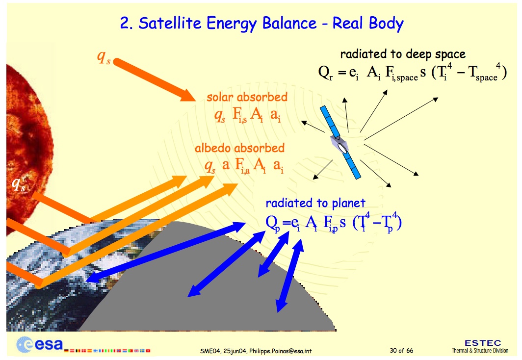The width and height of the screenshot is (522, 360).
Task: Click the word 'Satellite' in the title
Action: click(x=170, y=23)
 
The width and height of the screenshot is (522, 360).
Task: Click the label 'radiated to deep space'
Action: click(x=403, y=54)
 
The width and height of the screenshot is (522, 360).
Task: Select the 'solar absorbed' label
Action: click(x=247, y=97)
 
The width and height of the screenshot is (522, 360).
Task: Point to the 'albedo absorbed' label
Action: click(x=240, y=148)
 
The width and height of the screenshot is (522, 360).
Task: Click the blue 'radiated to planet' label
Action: click(x=315, y=203)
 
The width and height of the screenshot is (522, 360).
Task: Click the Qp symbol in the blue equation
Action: click(x=273, y=223)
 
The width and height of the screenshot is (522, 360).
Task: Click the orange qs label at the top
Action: click(x=104, y=57)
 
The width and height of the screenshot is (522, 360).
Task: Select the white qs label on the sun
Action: click(x=19, y=184)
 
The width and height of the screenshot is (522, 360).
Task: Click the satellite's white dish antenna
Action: click(x=342, y=148)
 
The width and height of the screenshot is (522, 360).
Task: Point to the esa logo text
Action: click(x=49, y=345)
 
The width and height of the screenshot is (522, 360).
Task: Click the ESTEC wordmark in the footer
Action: click(x=483, y=343)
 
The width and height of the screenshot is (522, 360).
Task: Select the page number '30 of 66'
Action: click(x=401, y=350)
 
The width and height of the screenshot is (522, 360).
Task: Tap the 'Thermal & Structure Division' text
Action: click(x=480, y=351)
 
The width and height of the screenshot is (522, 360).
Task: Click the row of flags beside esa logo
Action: click(x=107, y=351)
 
